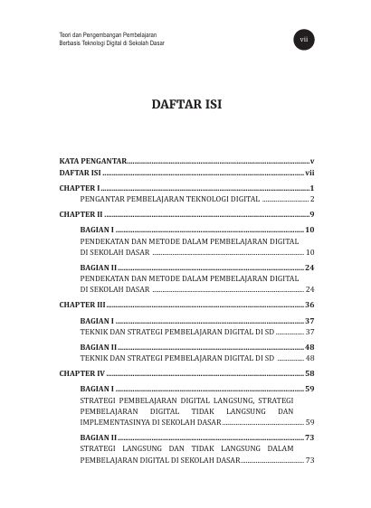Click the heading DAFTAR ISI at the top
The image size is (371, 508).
point(185,105)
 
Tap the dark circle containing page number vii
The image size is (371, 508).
point(303,39)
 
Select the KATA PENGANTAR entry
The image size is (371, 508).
point(93,159)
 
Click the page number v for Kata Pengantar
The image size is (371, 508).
point(311,159)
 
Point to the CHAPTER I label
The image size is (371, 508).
point(79,186)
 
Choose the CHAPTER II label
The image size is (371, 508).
point(81,214)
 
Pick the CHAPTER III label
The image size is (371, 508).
point(82,306)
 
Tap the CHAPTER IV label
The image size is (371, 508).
point(82,372)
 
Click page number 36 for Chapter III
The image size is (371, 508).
point(309,306)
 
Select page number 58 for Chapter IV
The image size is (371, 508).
point(309,372)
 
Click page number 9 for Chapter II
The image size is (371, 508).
point(311,214)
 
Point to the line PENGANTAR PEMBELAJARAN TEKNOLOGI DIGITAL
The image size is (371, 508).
point(170,197)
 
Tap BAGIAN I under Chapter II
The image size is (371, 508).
point(97,230)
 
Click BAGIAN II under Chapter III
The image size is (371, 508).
point(99,347)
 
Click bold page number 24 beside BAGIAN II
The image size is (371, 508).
point(309,268)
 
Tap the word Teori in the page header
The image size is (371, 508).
point(64,33)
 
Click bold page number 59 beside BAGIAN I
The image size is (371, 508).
point(309,389)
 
